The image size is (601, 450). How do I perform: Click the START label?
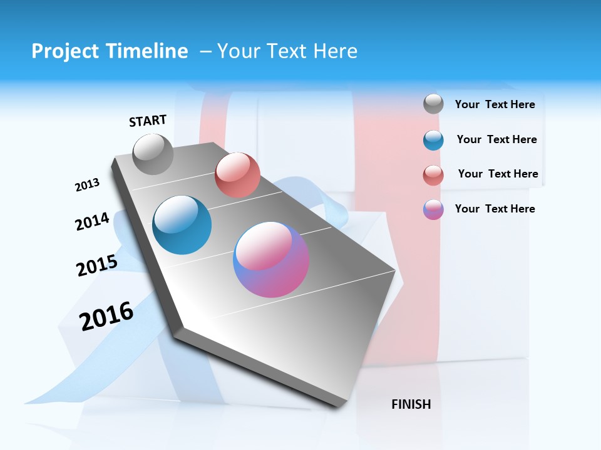148,121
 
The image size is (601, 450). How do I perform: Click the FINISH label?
411,404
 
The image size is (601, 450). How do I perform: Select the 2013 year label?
87,185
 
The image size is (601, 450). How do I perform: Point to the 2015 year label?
97,266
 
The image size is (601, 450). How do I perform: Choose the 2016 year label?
106,316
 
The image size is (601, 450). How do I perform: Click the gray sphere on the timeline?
153,154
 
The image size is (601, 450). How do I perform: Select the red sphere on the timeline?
237,174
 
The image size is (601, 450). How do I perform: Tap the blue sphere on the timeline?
182,225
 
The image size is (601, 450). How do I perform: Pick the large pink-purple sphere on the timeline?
271,259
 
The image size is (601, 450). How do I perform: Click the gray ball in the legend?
433,104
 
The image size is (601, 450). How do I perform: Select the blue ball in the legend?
433,140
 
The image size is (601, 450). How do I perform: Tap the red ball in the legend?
433,175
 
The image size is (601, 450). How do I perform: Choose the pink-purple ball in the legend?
433,209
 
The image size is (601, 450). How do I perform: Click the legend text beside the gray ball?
495,104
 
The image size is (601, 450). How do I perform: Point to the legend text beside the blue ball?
496,139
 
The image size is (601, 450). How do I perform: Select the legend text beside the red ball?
498,174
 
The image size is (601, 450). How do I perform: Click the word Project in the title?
65,51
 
